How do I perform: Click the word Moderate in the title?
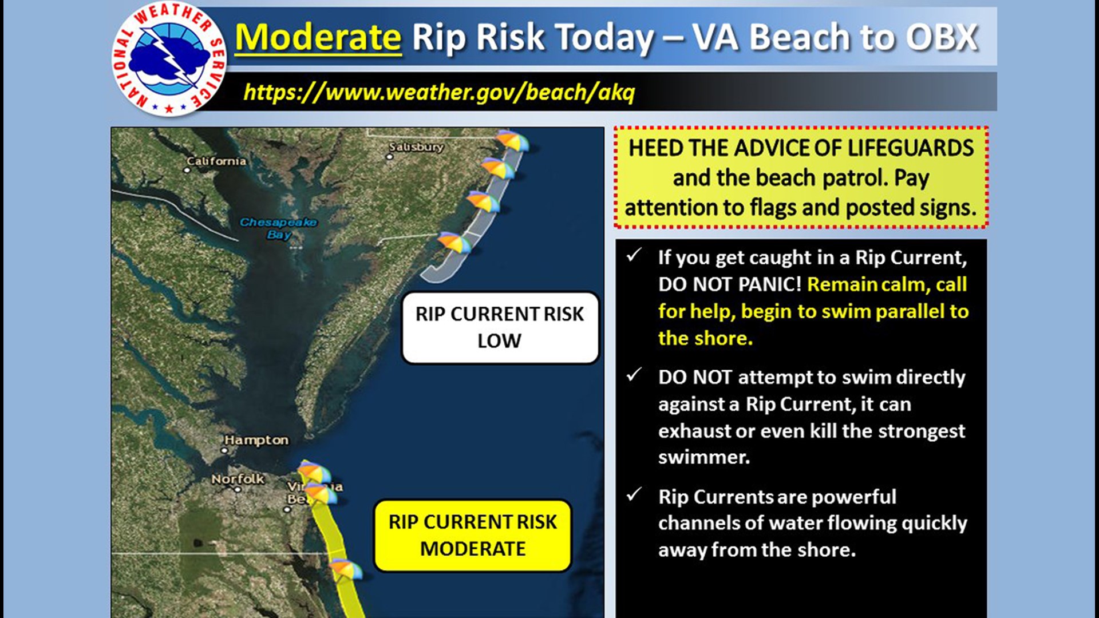[318, 38]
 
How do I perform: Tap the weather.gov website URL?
[439, 92]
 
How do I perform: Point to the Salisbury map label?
[416, 147]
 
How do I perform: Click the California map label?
[216, 161]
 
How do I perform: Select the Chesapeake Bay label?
[278, 228]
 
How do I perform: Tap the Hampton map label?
[256, 440]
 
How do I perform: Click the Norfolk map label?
[238, 479]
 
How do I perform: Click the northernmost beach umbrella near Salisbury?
[512, 141]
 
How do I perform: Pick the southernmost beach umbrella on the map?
[345, 570]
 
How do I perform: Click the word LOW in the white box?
[499, 341]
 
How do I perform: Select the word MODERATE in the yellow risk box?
[473, 549]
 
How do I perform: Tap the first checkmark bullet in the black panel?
[634, 255]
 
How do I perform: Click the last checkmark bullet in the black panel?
[634, 494]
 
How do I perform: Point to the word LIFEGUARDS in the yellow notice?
[910, 148]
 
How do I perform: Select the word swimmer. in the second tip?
[703, 457]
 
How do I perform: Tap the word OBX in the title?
[942, 38]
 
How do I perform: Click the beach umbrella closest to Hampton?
[313, 473]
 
